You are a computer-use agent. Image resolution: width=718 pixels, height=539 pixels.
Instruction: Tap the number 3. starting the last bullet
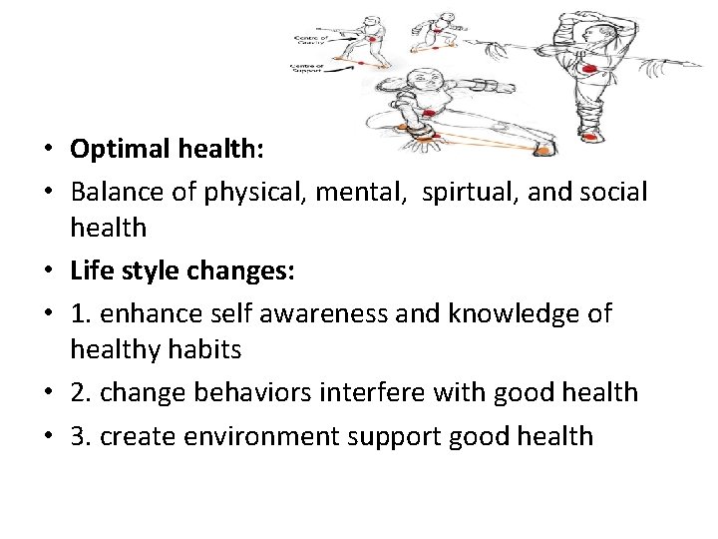tap(82, 435)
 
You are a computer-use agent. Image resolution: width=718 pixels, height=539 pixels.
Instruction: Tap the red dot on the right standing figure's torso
tap(590, 68)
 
